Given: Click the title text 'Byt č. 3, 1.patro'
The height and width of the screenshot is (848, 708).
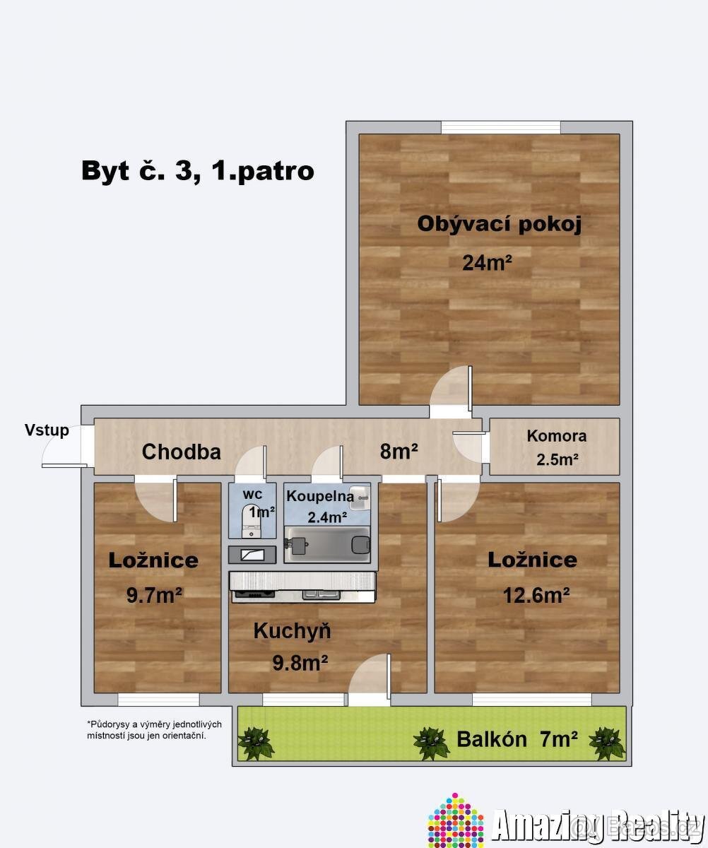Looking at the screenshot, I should point(198,171).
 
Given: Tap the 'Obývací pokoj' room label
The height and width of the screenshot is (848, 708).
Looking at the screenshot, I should point(499,224).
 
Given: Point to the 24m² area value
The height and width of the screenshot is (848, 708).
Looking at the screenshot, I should point(487,263).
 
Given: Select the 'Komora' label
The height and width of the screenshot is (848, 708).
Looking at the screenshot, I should point(556,436).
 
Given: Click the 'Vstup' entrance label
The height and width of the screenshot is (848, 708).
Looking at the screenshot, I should point(47,430).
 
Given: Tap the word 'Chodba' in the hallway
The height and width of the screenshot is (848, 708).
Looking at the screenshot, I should point(182,452).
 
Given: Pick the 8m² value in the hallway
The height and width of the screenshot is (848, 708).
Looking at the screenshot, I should point(399,452).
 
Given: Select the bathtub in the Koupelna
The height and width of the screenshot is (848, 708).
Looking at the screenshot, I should point(327,545).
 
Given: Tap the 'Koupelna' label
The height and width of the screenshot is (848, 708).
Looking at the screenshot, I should point(320,495).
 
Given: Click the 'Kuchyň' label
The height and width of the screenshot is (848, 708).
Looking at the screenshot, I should point(292,631).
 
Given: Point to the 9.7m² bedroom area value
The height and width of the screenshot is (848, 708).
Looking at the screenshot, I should point(155,596).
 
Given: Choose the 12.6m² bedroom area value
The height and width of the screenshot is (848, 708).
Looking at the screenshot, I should point(536,595).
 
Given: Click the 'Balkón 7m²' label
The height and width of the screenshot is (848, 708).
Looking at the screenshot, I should point(517,739).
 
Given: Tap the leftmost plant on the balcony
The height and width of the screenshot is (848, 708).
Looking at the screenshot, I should point(255,743).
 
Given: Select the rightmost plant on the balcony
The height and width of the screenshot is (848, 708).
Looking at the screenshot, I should point(607,743).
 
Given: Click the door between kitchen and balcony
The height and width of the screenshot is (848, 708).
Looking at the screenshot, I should point(370,680).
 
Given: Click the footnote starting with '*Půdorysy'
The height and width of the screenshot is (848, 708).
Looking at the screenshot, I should point(154,730).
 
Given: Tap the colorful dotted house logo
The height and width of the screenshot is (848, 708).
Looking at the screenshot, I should point(456,821).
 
